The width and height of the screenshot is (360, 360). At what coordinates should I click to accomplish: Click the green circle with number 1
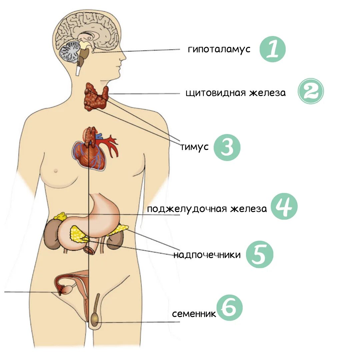tap(272, 50)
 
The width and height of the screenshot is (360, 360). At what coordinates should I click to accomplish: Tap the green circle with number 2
tap(311, 91)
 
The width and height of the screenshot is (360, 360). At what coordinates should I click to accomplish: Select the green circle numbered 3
tap(227, 147)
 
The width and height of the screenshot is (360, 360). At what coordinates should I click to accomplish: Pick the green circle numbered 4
tap(284, 207)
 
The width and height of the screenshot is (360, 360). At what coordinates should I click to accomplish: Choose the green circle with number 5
tap(260, 254)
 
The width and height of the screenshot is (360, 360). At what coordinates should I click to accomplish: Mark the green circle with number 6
tap(229, 309)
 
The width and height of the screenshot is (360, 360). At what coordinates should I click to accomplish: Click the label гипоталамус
tap(219, 50)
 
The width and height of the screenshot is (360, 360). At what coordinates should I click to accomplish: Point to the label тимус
tap(194, 147)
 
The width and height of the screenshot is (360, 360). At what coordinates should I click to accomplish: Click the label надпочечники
tap(207, 255)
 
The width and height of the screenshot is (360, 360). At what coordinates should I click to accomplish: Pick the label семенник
tap(194, 314)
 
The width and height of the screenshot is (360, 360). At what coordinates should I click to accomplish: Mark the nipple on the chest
tap(56, 171)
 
